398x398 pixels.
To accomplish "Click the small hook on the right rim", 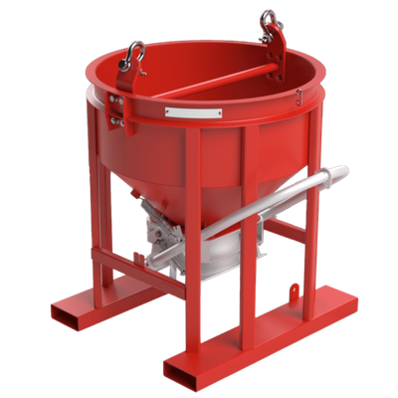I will click(x=298, y=97).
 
